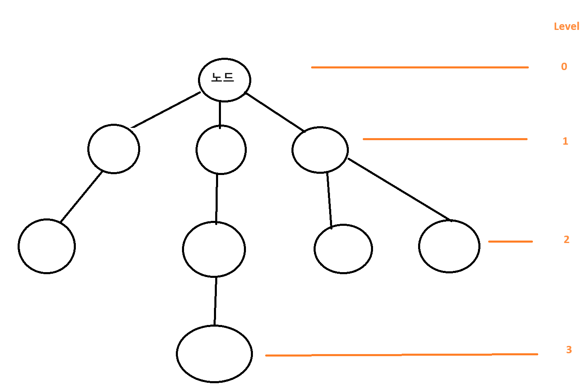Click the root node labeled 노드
(224, 80)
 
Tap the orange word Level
(566, 27)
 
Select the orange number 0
(564, 66)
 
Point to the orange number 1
(565, 141)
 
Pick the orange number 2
(567, 239)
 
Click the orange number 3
(569, 350)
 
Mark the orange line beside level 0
(419, 67)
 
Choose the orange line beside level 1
(445, 139)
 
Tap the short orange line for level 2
(510, 242)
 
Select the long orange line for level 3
(402, 355)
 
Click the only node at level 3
(214, 354)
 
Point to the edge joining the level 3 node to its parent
(215, 301)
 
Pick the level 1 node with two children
(320, 150)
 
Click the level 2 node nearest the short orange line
(449, 246)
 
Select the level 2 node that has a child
(214, 249)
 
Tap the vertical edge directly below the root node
(220, 114)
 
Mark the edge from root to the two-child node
(275, 112)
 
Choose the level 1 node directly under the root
(221, 150)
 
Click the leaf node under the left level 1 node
(47, 246)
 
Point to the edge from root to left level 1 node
(166, 110)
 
